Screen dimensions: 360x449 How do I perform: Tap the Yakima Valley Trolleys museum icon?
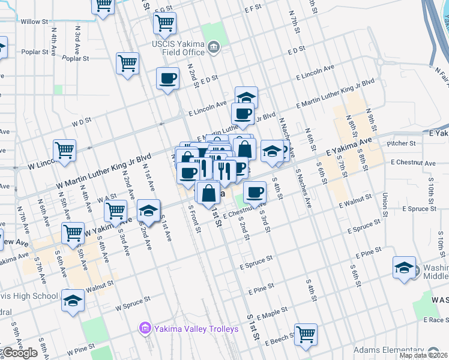pos(144,328)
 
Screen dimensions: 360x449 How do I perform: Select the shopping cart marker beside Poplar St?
pos(128,63)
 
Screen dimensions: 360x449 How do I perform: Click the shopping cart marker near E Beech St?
pos(306,334)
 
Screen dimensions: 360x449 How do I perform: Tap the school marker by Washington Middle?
pos(404,267)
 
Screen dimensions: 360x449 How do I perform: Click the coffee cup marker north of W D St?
pos(167,78)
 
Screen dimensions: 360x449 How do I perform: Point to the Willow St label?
pos(34,22)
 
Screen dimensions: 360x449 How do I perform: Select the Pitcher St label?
pos(402,144)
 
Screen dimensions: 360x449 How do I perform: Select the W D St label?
pos(81,121)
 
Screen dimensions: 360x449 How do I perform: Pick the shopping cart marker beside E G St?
pos(164,23)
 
